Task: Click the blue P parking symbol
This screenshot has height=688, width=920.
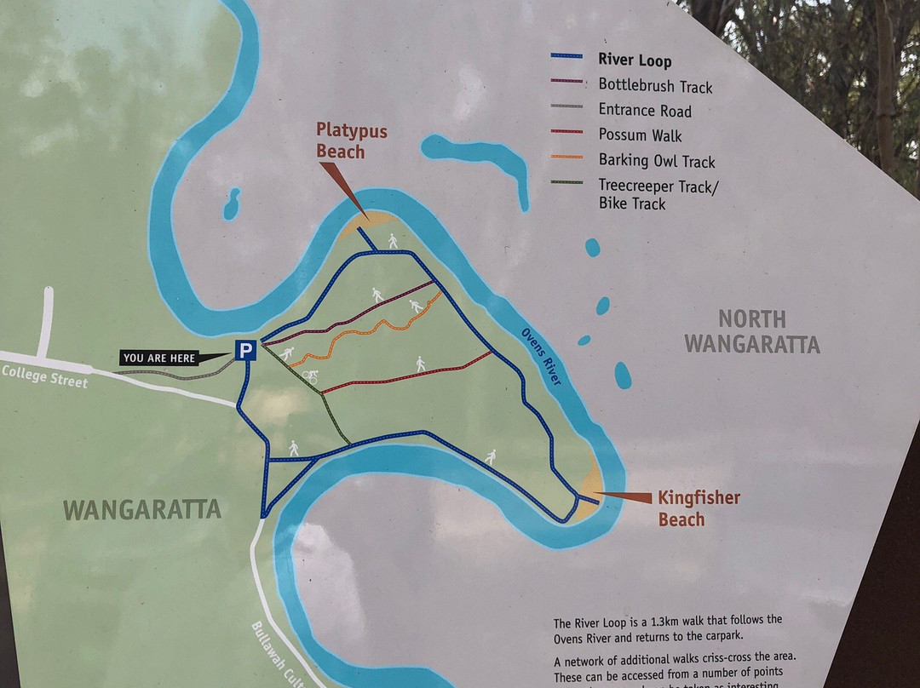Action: pos(246,350)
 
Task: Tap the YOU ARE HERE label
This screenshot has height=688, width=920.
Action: pos(159,358)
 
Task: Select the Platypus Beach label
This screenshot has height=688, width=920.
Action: pos(352,141)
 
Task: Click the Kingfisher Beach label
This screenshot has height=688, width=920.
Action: pos(699,508)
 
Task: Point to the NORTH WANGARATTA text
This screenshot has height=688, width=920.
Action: pos(751,331)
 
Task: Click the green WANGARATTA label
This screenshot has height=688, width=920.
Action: pos(142,509)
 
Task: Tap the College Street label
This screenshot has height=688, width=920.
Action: pos(44,376)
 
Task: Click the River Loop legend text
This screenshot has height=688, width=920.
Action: pos(635,60)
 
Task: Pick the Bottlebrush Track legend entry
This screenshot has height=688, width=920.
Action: pos(655,86)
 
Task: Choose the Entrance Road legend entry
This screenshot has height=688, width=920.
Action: pos(645,111)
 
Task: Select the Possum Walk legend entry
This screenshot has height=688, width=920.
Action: pos(640,135)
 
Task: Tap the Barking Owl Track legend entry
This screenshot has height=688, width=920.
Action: pos(656,161)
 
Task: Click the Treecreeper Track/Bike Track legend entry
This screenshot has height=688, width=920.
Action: pos(658,195)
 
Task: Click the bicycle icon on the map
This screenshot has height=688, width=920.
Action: pos(310,376)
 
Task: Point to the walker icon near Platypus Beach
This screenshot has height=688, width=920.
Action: pos(393,242)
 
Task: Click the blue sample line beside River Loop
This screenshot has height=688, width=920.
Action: pos(566,56)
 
